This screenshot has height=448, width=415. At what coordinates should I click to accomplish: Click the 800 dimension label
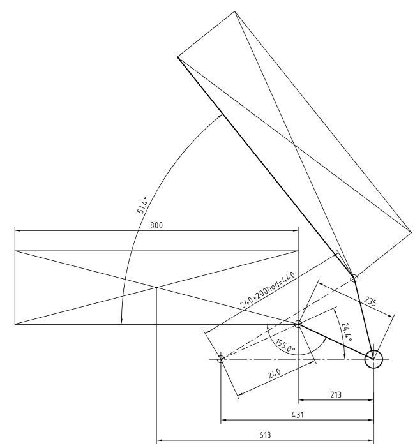pos(156,225)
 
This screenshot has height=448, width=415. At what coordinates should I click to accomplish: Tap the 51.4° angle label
pos(142,205)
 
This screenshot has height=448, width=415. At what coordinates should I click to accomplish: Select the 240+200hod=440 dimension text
pos(267,290)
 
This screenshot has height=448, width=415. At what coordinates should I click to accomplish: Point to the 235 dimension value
pos(371,301)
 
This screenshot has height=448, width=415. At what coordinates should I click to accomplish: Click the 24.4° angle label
pos(347,332)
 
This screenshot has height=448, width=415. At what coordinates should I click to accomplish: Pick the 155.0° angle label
pos(284,345)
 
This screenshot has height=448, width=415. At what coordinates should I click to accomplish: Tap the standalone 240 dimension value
pos(275,374)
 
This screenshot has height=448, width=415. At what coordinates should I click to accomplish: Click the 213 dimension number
pos(336,394)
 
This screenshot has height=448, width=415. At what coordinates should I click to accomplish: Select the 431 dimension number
pos(298,415)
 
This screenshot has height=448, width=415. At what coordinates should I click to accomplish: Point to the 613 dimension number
pos(265,435)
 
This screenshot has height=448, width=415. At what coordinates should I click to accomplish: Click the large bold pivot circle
pos(373,359)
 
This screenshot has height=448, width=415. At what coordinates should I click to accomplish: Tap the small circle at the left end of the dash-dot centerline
pos(221,359)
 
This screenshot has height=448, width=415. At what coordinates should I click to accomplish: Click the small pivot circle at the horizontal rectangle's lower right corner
pos(298,324)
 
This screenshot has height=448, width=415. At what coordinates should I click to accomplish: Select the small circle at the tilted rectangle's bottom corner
pos(354,277)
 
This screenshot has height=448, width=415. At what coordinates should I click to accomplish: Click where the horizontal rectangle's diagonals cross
pos(156,287)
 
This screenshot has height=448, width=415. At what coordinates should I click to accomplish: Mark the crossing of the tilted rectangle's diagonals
pos(294,144)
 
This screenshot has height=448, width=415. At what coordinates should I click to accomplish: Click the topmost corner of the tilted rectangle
pos(235,11)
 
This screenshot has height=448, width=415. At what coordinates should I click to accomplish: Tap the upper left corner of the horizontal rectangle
pos(15,251)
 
